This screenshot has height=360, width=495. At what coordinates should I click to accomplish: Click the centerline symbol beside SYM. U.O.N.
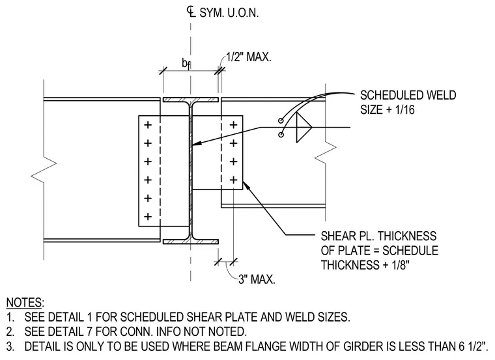tap(190, 12)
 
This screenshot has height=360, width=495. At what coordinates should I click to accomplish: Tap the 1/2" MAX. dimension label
tap(248, 57)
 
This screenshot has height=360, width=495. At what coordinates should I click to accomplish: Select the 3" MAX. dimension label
tap(257, 279)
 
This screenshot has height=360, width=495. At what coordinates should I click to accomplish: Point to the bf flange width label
tap(186, 64)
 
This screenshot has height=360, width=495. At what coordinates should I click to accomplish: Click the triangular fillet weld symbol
tap(304, 128)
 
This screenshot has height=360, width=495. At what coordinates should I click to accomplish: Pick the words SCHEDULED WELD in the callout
tap(408, 95)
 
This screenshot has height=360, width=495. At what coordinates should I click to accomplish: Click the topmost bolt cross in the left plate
tap(148, 125)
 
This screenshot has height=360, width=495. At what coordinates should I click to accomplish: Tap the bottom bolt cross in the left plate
tap(148, 216)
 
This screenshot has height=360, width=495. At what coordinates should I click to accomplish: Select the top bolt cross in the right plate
tap(233, 125)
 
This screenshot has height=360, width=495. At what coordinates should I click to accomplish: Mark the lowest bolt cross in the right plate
tap(233, 180)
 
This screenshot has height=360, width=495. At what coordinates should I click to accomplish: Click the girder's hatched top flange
tap(191, 100)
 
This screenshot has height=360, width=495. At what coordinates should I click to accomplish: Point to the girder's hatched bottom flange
tap(191, 242)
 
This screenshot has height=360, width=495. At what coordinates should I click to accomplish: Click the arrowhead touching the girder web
tap(196, 143)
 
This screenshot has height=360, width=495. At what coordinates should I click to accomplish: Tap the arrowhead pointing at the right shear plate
tap(246, 185)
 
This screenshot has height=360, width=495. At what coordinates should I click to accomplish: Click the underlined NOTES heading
tap(25, 302)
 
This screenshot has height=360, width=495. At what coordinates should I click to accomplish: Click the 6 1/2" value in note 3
tap(471, 346)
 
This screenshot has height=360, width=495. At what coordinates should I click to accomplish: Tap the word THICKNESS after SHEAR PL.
tap(407, 236)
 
